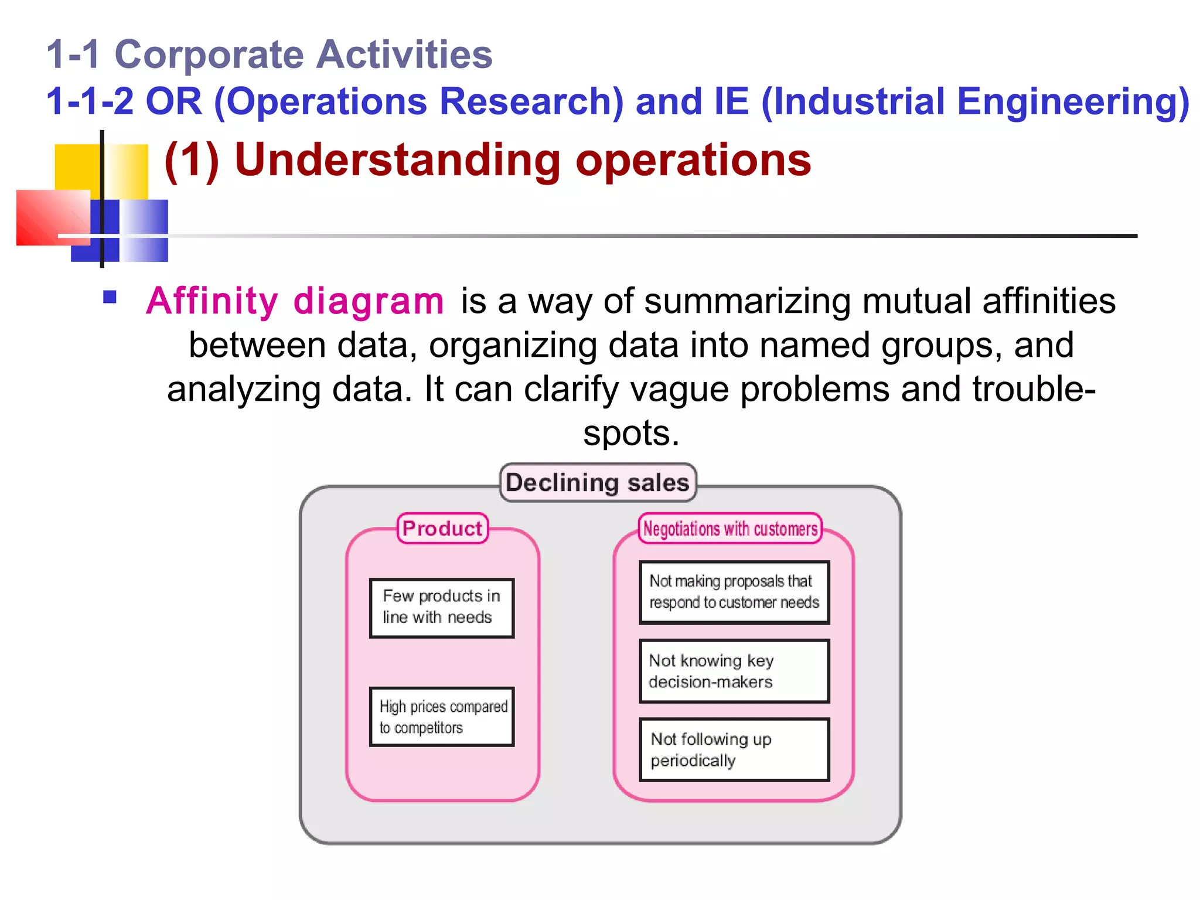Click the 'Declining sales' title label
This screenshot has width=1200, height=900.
[598, 482]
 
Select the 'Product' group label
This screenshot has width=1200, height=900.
[442, 529]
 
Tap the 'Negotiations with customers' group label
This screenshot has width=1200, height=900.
[730, 529]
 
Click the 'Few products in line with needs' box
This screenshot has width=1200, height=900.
[442, 608]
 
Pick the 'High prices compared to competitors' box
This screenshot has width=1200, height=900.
[442, 717]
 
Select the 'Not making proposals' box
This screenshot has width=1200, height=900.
[734, 592]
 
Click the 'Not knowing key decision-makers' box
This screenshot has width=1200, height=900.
[734, 671]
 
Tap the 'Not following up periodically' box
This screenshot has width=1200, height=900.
[734, 749]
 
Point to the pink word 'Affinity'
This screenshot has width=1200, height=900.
[212, 301]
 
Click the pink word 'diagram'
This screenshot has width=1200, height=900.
[369, 301]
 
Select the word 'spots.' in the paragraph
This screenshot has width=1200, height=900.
[631, 434]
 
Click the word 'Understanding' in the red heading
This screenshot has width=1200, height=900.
[398, 160]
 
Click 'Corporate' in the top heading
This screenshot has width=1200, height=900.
[209, 54]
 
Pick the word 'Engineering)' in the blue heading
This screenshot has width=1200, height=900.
[1073, 101]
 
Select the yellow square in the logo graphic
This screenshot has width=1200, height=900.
[76, 167]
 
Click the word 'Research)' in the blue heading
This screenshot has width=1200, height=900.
[531, 101]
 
